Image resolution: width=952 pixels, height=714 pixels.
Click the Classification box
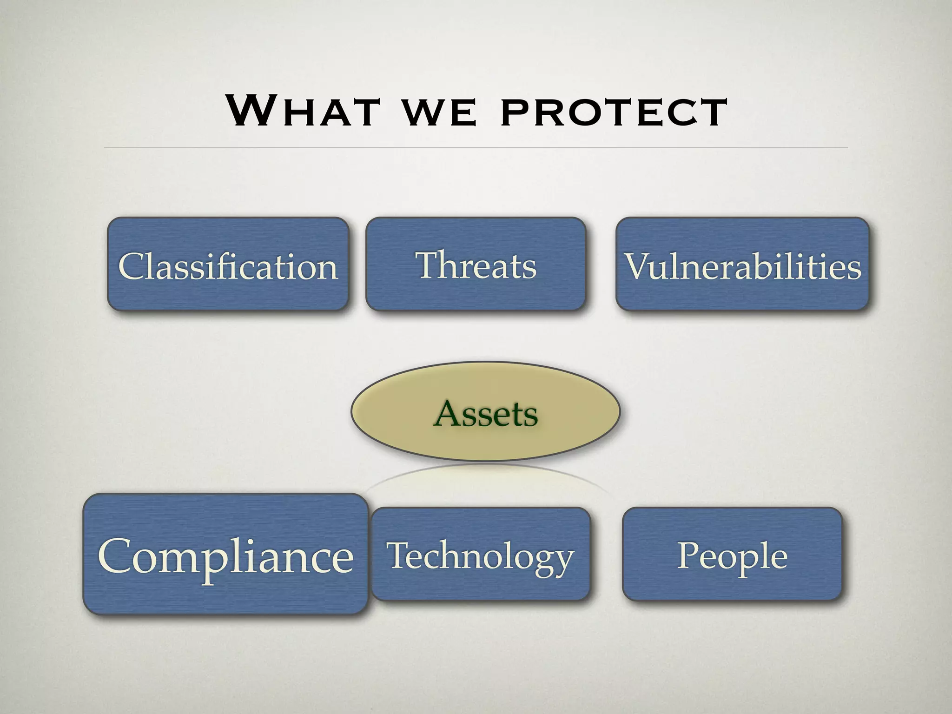(x=228, y=264)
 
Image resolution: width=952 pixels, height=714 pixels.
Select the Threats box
(x=476, y=264)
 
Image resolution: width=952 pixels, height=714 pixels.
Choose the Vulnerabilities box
(x=742, y=264)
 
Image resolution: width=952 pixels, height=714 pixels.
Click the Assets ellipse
(x=485, y=412)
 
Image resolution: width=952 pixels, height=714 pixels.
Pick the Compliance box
(x=225, y=554)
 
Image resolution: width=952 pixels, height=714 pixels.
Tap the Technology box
(x=480, y=554)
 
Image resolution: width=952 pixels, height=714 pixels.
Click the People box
(x=732, y=554)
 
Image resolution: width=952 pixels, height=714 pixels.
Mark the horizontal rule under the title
(x=476, y=148)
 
